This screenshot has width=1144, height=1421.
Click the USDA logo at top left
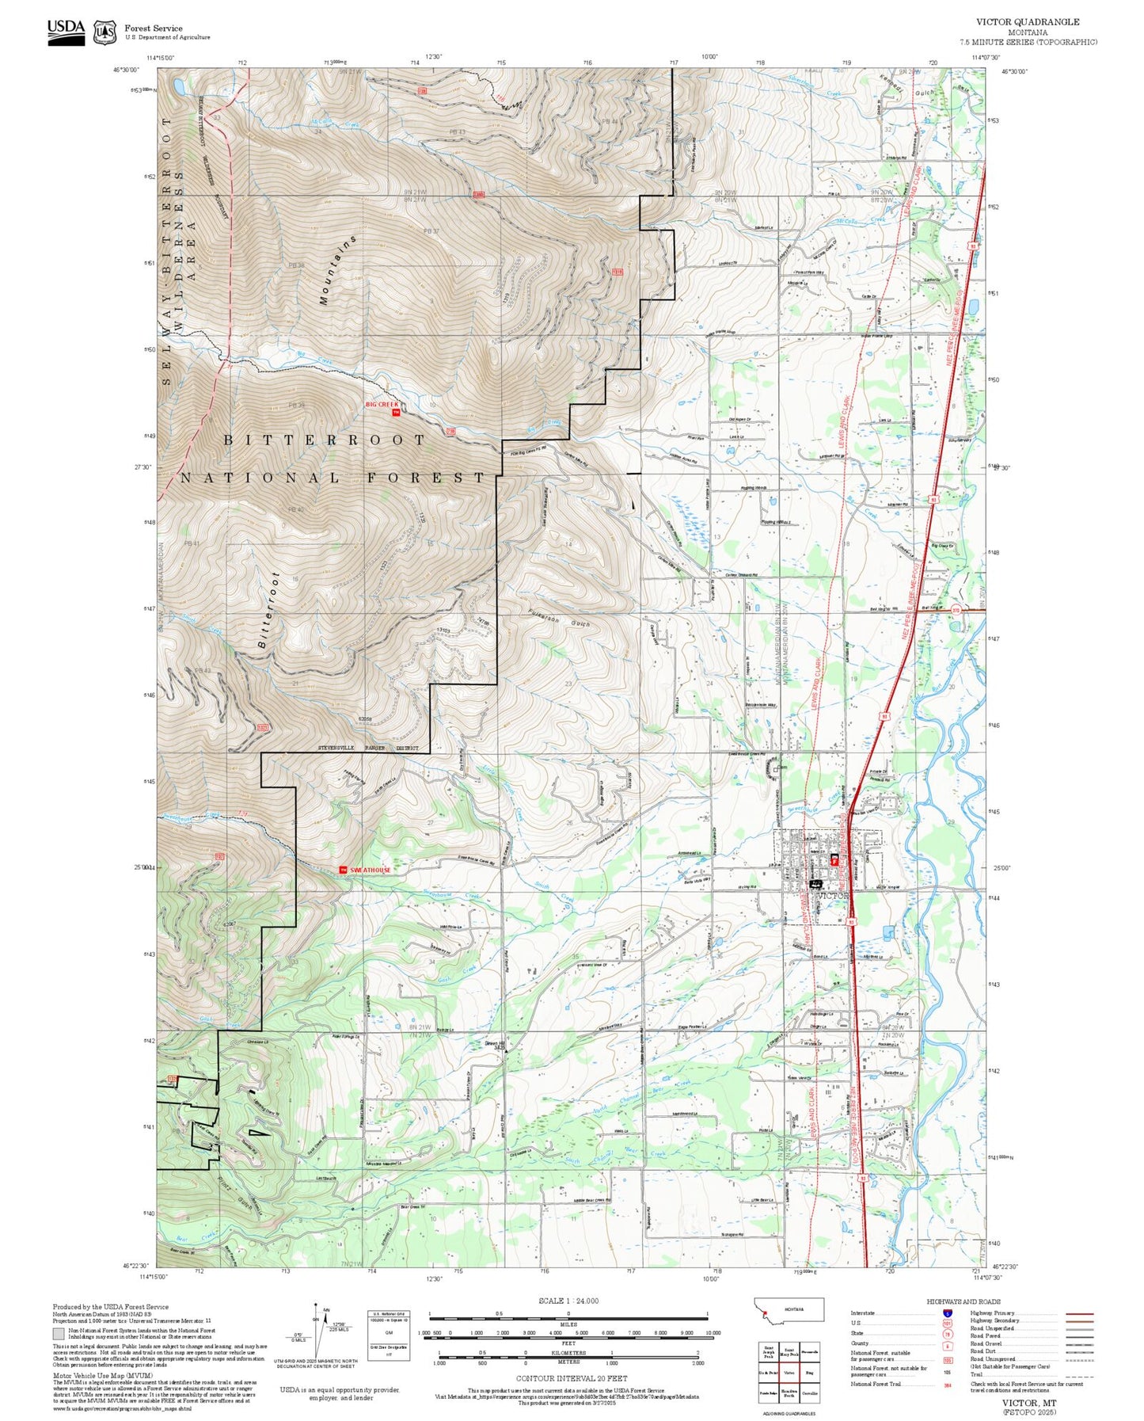(x=66, y=31)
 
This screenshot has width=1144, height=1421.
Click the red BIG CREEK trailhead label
(x=382, y=404)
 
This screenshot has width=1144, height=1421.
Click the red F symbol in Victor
(x=834, y=859)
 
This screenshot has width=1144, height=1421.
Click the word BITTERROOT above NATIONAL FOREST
(x=325, y=440)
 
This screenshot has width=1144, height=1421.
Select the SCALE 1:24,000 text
(x=568, y=1301)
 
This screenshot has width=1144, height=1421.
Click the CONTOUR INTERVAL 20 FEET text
(x=568, y=1379)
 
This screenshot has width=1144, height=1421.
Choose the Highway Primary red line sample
(x=1079, y=1312)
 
